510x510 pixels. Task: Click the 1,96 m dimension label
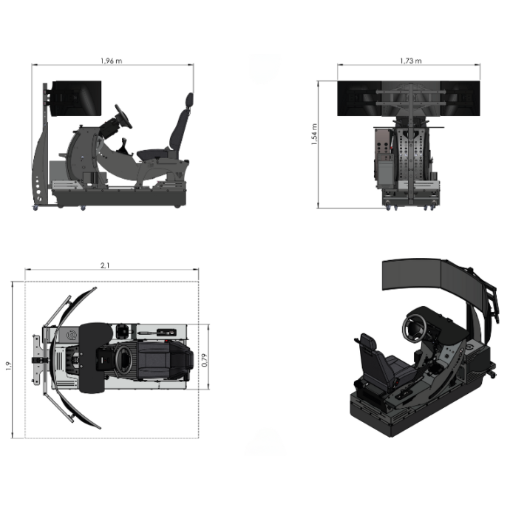[x=112, y=60]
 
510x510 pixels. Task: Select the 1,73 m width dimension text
[x=410, y=60]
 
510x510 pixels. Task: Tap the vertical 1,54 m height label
[x=315, y=135]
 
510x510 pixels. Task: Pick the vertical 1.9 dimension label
[x=10, y=364]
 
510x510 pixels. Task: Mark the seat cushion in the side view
[x=157, y=154]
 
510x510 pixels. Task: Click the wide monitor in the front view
[x=410, y=99]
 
